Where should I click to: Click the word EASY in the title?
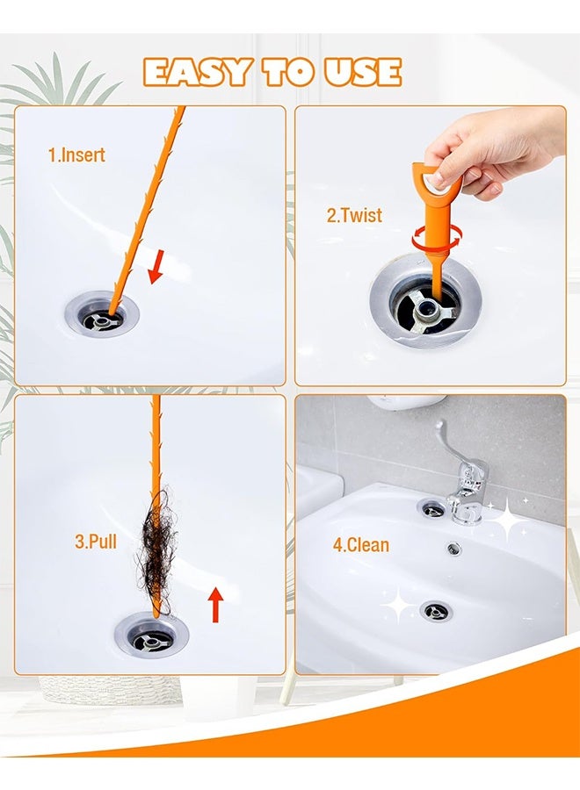tap(195, 72)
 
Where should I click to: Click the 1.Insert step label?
tap(76, 155)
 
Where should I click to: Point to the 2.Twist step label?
tap(354, 215)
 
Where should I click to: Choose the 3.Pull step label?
tap(95, 542)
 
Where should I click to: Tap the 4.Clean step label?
tap(360, 544)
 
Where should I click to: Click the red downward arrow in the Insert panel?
tap(156, 267)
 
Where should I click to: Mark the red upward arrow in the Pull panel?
tap(215, 605)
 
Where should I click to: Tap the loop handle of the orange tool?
tap(433, 180)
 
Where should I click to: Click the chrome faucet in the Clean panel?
tap(460, 478)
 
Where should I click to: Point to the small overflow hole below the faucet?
tap(453, 549)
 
